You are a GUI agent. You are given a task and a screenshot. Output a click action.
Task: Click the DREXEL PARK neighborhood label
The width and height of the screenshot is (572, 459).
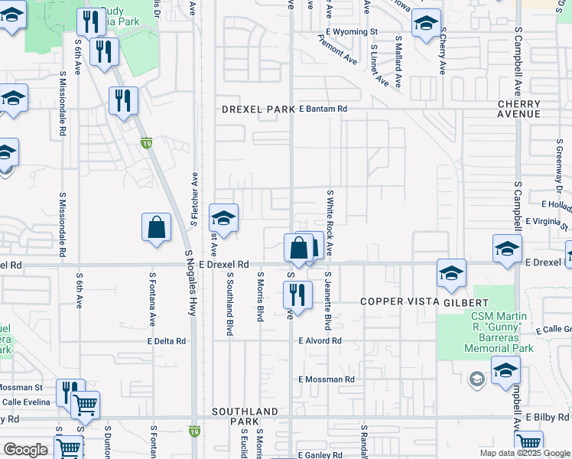[258, 109]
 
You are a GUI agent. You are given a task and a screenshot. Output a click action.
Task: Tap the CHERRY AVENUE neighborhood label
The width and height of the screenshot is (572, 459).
[518, 109]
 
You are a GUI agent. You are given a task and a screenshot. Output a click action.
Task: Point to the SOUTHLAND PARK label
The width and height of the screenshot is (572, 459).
[245, 416]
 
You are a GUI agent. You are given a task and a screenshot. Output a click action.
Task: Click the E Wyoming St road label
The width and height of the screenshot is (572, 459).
[351, 31]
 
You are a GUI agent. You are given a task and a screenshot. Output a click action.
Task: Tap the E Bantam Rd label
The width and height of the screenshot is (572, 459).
[323, 109]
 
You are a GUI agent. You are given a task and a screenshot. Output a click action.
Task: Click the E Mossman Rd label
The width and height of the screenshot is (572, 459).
[327, 379]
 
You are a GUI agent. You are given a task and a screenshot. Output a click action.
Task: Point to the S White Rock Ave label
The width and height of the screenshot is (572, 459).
[330, 223]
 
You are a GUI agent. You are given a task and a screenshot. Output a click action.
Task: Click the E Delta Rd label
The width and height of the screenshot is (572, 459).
[167, 340]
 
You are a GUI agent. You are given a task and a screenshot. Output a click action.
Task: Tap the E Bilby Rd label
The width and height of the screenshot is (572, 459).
[548, 417]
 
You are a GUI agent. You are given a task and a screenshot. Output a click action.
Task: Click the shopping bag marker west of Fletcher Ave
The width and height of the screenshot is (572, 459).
[156, 228]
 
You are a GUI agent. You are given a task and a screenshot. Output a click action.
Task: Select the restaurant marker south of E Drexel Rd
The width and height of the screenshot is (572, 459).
[297, 295]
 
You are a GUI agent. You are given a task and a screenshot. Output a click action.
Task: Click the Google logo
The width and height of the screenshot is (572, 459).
[25, 450]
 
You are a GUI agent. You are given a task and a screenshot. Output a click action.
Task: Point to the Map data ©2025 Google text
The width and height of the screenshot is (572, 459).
[524, 453]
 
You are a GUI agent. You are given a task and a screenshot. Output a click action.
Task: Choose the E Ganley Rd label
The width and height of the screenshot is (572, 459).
[320, 455]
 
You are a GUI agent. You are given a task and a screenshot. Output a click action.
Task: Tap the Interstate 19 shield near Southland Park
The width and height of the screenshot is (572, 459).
[195, 431]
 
